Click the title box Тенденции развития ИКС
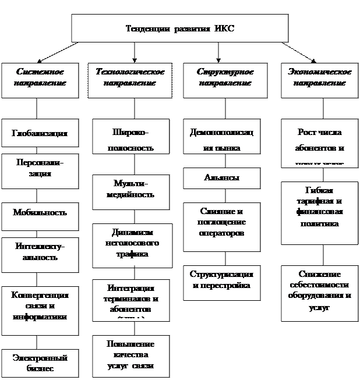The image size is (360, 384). click(x=179, y=29)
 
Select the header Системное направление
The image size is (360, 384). click(x=40, y=77)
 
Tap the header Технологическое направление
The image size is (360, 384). click(x=130, y=77)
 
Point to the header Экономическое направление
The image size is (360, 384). click(x=320, y=77)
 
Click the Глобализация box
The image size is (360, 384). click(x=40, y=134)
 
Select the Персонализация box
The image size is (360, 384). click(x=40, y=169)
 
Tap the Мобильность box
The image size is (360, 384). click(x=40, y=212)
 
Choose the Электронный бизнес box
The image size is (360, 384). click(x=40, y=363)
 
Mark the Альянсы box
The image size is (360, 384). click(x=221, y=177)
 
